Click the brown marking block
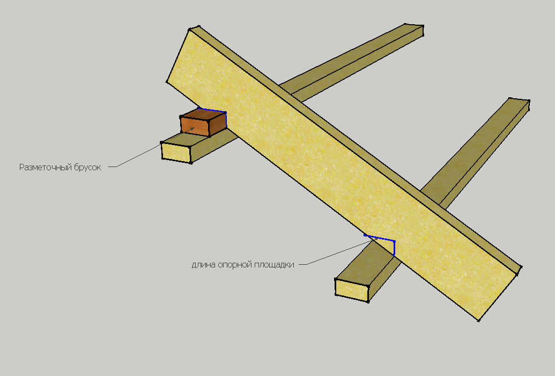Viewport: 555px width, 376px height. (x=203, y=122)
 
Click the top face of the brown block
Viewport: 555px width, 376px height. (x=204, y=115)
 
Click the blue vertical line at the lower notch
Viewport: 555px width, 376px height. (x=394, y=248)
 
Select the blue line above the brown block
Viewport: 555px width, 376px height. (x=212, y=110)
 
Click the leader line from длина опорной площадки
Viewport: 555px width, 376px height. (x=336, y=252)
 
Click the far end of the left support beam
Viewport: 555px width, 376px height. (x=414, y=30)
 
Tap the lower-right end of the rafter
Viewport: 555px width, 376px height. (x=497, y=294)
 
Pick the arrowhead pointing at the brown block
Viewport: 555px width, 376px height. (x=192, y=129)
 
